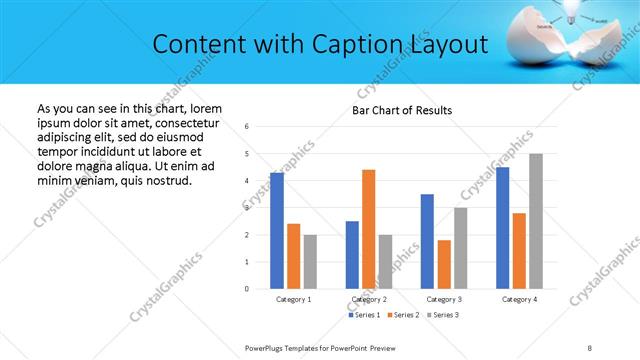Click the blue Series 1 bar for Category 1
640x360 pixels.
coord(277,231)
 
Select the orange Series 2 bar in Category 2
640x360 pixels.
coord(368,229)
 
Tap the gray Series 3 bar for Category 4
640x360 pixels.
coord(536,221)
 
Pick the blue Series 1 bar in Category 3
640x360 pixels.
coord(427,241)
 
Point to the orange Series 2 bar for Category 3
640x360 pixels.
coord(444,264)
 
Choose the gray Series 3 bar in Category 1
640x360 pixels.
coord(310,262)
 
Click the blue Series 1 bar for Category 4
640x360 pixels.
coord(502,228)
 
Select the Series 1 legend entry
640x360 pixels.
coord(365,315)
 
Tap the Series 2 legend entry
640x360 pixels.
coord(404,315)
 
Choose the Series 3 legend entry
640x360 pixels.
coord(443,315)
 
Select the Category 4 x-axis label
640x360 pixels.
coord(519,299)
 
